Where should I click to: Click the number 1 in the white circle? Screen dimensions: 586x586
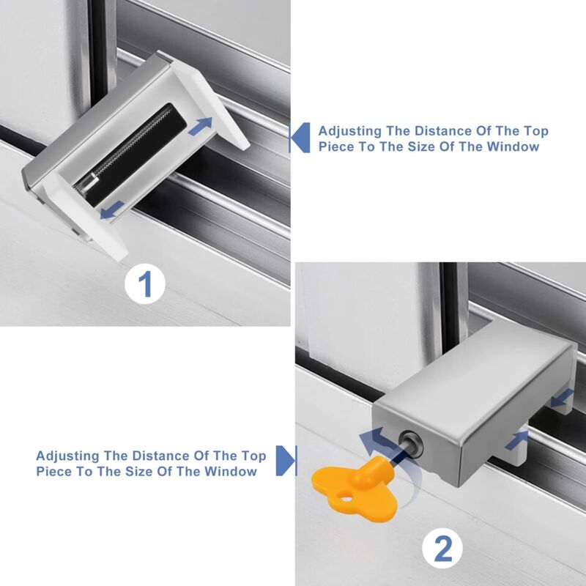[146, 283]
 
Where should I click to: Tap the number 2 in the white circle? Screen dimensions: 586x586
[444, 547]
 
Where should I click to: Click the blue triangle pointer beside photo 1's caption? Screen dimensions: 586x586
[297, 137]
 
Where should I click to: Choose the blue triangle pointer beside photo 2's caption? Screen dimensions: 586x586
[289, 462]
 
